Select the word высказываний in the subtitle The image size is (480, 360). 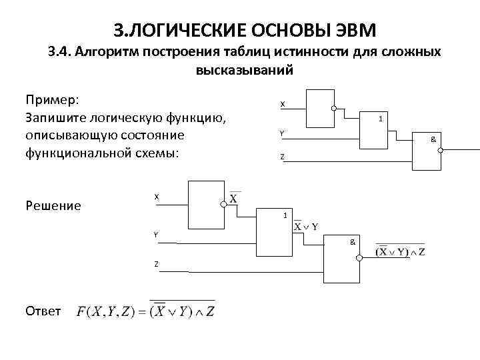point(244,69)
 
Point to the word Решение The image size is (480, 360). point(53,205)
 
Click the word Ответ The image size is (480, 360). point(43,311)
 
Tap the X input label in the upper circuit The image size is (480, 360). point(282,104)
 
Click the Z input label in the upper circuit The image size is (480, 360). point(282,157)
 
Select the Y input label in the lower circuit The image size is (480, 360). point(155,235)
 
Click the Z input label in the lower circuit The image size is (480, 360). point(156,264)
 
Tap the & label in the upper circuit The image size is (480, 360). point(433,139)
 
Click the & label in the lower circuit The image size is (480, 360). point(353,241)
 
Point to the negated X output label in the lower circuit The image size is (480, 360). point(235,199)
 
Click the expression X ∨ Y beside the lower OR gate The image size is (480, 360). point(306,227)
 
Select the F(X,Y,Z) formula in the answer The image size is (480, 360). point(146,311)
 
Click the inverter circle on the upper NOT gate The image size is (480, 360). point(335,107)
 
